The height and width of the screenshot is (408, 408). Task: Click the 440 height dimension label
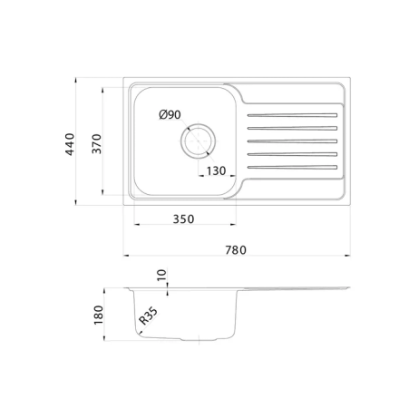[x=70, y=144]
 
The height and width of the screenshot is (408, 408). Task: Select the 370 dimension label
[x=97, y=144]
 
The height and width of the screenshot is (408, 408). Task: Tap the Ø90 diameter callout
[x=170, y=114]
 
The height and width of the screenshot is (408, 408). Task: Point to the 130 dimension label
[x=216, y=171]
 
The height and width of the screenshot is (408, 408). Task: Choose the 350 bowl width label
[x=183, y=219]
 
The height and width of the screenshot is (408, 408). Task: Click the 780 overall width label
[x=236, y=250]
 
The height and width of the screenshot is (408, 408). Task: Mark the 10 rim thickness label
[x=162, y=275]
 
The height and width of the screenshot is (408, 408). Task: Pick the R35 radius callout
[x=148, y=316]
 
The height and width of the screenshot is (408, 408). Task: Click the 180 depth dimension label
[x=99, y=316]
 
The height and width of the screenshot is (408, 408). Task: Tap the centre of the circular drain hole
[x=199, y=141]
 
